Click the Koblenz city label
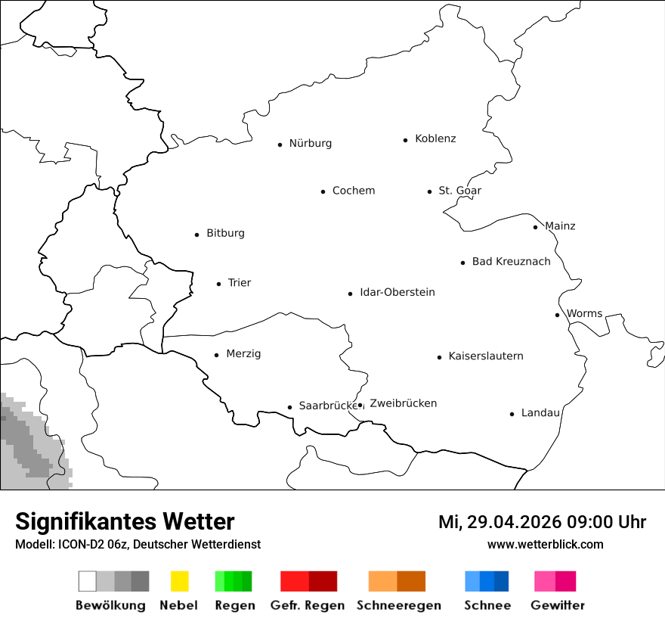435,138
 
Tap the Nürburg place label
310,143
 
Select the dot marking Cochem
323,191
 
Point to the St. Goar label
459,191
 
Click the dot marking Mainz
535,227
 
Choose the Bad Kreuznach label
511,262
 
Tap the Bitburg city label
225,233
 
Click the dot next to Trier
218,284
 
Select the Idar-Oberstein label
397,292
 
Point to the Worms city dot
557,315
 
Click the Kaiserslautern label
485,356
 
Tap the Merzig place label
243,353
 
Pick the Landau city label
540,412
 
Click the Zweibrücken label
403,403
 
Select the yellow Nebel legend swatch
179,581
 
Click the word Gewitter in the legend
557,605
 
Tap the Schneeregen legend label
398,605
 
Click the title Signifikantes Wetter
125,521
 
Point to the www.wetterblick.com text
545,544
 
